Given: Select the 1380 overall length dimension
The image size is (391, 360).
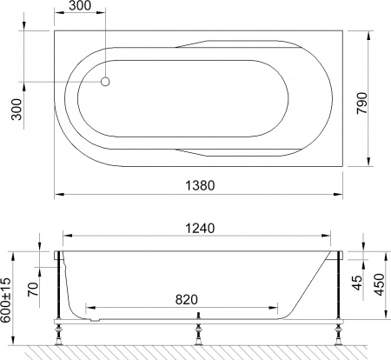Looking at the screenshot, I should tap(199, 184).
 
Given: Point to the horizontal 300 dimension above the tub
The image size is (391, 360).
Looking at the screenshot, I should tap(79, 8).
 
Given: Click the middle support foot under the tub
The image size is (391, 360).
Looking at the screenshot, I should tap(198, 332).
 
